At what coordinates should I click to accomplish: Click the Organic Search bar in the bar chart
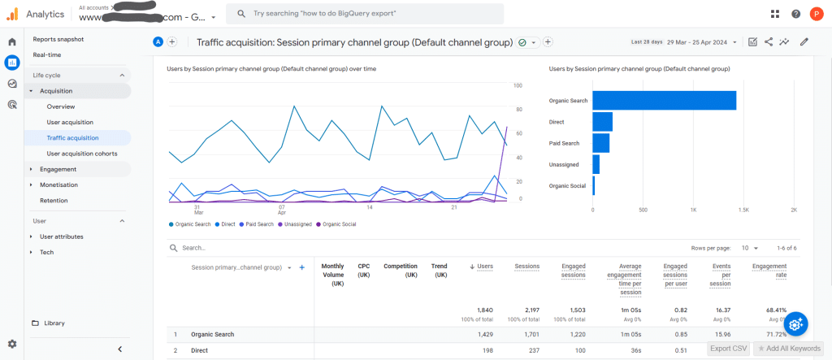[x=664, y=100]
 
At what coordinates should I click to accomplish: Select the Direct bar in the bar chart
[x=602, y=122]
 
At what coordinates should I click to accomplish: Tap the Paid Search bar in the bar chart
[x=600, y=143]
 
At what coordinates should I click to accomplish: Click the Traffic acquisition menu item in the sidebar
[x=72, y=137]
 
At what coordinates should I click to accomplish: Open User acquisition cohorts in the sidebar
[x=81, y=153]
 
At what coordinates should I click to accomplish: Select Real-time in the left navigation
[x=46, y=54]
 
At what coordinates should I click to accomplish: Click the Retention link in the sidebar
[x=54, y=200]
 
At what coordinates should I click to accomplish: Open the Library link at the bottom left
[x=54, y=323]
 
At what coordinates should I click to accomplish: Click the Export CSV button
[x=728, y=349]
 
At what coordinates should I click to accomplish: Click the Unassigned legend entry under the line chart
[x=297, y=223]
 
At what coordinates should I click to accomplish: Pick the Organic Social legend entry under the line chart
[x=340, y=223]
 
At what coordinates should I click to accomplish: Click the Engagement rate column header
[x=769, y=270]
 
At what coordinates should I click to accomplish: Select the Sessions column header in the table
[x=527, y=265]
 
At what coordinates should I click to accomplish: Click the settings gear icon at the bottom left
[x=12, y=345]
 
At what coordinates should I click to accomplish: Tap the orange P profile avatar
[x=816, y=14]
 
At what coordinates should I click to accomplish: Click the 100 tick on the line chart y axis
[x=518, y=85]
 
